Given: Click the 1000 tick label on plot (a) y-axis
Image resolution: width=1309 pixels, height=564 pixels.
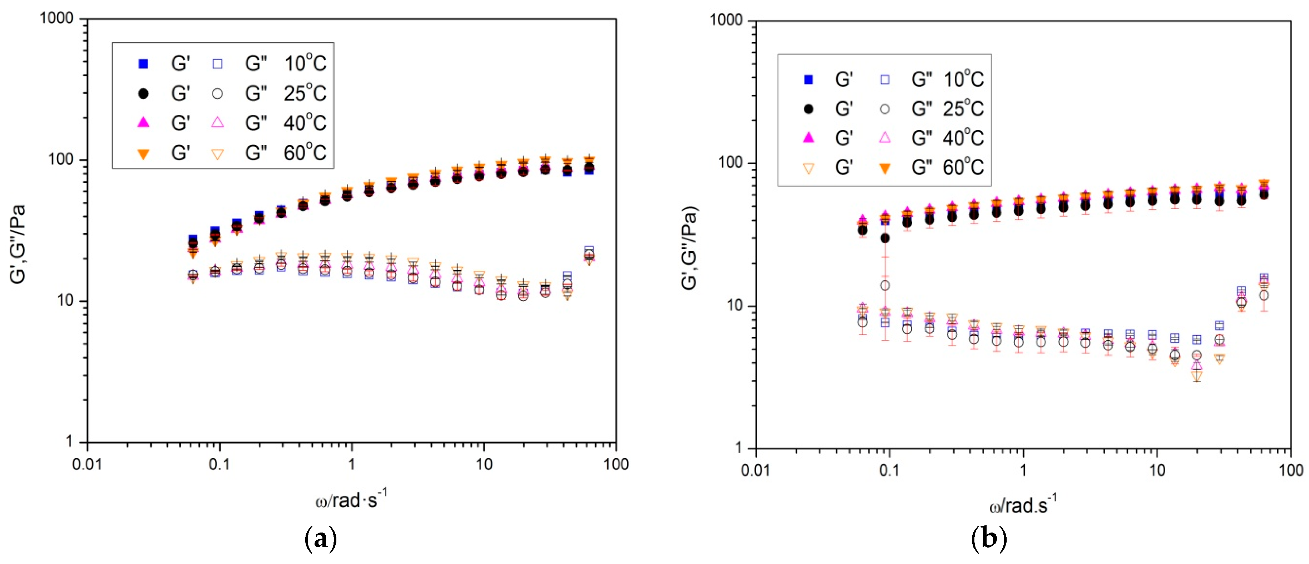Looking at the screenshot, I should coord(57,19).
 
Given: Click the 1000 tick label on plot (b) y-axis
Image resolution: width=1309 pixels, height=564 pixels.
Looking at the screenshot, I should coord(726,20).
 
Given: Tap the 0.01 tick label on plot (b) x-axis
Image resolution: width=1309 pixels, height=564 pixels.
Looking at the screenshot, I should coord(756,470).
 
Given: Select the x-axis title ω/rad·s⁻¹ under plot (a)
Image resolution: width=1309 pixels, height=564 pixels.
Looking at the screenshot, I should coord(351,500).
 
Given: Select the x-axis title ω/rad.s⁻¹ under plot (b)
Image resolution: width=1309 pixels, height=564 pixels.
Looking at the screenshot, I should coord(1022,505).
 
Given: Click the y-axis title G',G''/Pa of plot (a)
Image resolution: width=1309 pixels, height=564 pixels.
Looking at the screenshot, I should coord(18,244).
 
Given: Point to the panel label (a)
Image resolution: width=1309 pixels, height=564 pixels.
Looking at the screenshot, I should coord(320,539).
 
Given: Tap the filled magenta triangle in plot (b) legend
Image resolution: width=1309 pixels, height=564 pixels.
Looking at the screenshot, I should coord(808,138).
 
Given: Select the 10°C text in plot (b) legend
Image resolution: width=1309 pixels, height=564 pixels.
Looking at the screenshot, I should coord(963,79).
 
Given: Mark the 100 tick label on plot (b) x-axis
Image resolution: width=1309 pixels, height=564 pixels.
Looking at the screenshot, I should coord(1290,470).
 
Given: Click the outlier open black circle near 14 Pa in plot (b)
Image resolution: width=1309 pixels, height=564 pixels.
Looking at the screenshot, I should coord(885,286).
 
